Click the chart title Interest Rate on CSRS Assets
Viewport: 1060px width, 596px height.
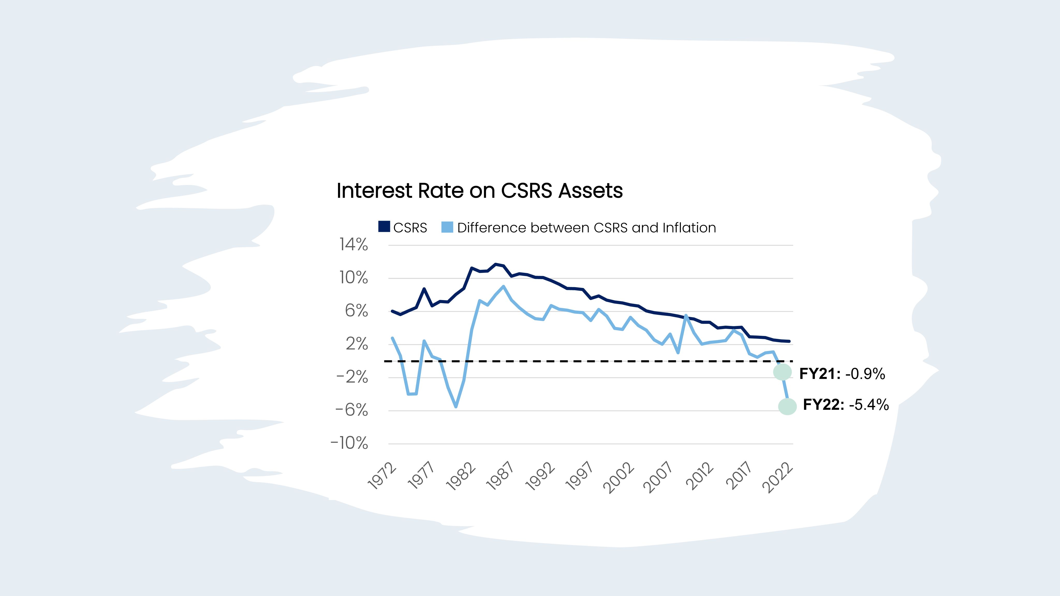[479, 190]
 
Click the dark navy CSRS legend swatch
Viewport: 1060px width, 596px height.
[384, 227]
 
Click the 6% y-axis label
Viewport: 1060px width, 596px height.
[356, 311]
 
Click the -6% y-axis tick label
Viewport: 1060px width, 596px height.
[352, 410]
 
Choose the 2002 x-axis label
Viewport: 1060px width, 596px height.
[619, 477]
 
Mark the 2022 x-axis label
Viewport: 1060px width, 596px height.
[777, 477]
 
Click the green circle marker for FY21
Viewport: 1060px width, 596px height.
[782, 372]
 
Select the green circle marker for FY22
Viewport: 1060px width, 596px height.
[787, 406]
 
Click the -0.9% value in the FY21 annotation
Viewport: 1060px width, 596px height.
[865, 374]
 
